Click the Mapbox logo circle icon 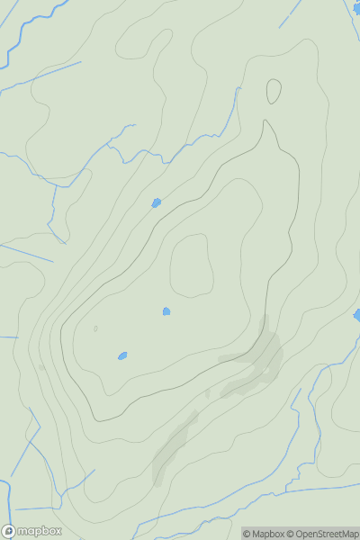tap(9, 531)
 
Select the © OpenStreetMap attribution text tap(324, 534)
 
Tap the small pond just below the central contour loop tap(166, 311)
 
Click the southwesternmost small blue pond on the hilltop tap(122, 355)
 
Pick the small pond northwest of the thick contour tap(156, 202)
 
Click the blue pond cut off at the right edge tap(356, 314)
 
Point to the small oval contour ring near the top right tap(274, 91)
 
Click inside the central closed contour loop tap(191, 265)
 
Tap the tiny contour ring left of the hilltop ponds tap(95, 328)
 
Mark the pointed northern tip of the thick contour tap(265, 121)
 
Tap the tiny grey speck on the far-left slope tap(41, 367)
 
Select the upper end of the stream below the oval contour tap(239, 89)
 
